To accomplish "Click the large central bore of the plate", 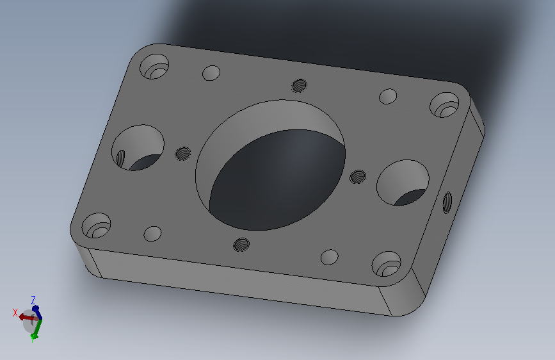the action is coord(270,165).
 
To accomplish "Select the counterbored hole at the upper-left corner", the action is coord(154,66).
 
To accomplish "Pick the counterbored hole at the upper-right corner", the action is coord(444,105).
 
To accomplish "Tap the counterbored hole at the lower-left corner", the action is coord(96,225).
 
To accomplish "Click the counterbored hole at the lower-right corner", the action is coord(387,264).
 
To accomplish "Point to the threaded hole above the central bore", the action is coord(300,85).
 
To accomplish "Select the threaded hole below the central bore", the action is coord(241,245).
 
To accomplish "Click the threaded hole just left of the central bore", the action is coord(183,154).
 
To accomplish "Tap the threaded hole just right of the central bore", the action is coord(358,176).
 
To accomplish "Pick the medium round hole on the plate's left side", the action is coord(138,147).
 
